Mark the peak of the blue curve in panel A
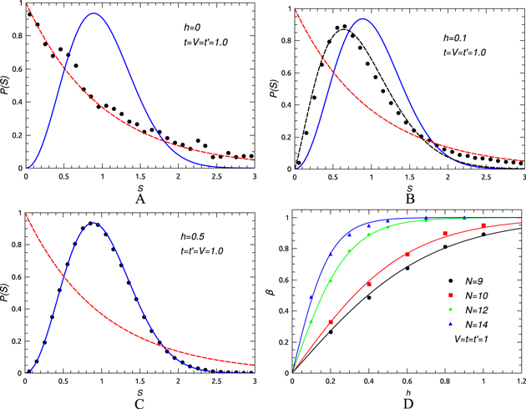[94, 14]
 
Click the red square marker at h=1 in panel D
[483, 226]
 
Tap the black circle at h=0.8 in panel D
[445, 247]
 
